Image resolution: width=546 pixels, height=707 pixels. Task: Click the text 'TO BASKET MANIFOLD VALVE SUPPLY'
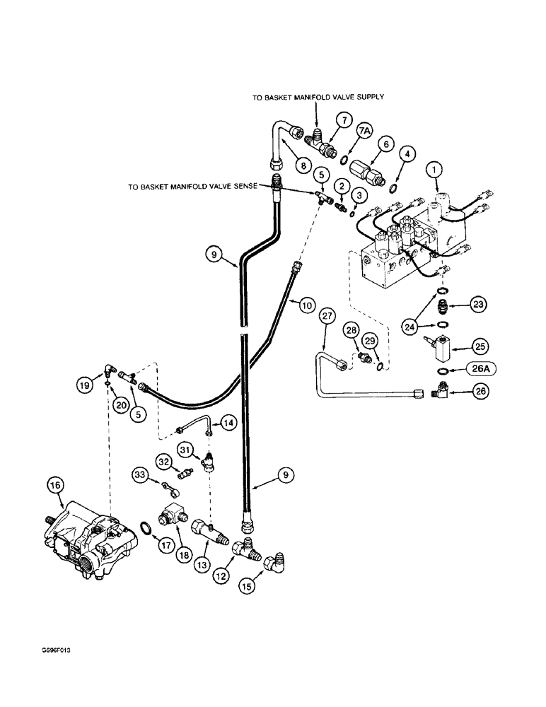tap(318, 98)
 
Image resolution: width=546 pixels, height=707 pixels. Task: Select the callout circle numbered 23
tap(479, 305)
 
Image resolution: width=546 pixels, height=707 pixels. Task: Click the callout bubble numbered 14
tap(228, 423)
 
